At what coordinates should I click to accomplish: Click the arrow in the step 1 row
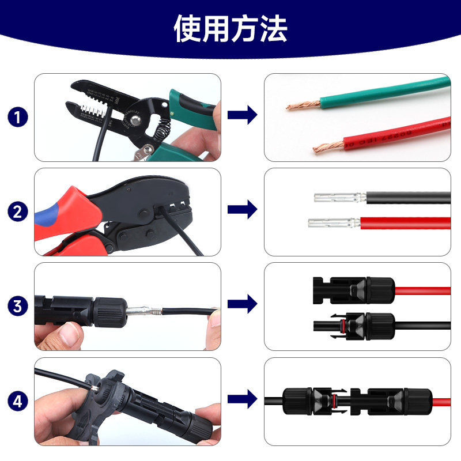(242, 115)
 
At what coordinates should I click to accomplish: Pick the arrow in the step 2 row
(242, 210)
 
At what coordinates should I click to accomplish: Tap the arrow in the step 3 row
(242, 304)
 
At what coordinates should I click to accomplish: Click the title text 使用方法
(231, 28)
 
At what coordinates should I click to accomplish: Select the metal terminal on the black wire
(339, 198)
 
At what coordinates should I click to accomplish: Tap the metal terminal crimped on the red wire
(334, 222)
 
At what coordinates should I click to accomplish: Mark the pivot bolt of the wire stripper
(137, 120)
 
